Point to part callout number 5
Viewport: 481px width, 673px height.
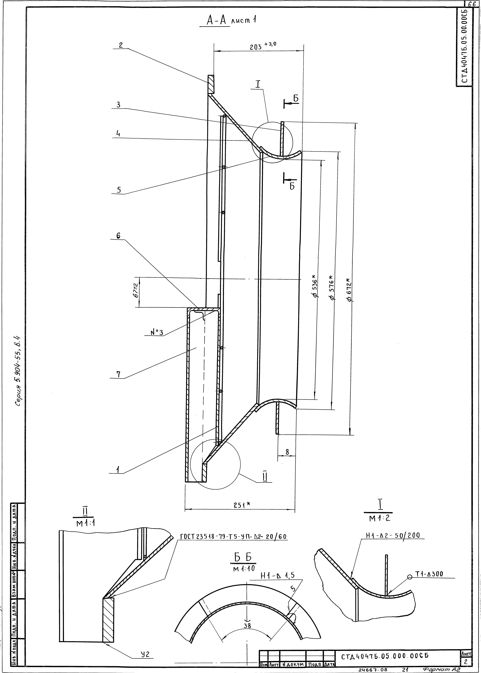pyautogui.click(x=119, y=190)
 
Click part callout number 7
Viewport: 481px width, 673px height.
pyautogui.click(x=118, y=374)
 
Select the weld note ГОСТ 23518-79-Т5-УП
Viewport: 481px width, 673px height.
pyautogui.click(x=233, y=537)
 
